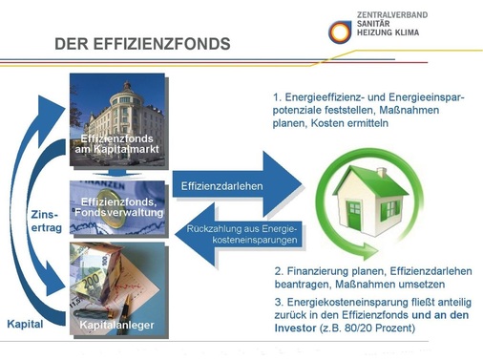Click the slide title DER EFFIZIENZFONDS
(x=142, y=44)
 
